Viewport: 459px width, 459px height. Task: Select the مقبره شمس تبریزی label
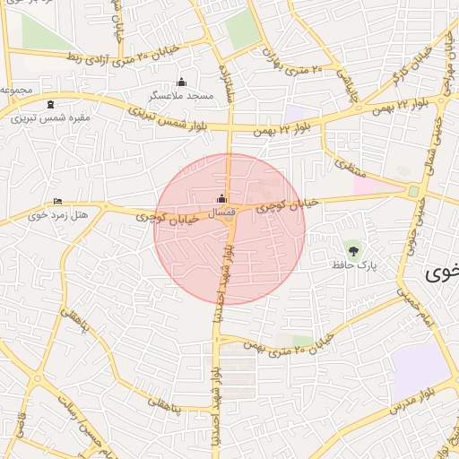(49, 117)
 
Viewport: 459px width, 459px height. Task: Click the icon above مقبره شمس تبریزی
(49, 105)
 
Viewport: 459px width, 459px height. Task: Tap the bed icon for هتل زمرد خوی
(58, 201)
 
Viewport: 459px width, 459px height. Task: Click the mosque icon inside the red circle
(221, 199)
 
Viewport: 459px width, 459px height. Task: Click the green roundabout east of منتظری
(413, 191)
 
